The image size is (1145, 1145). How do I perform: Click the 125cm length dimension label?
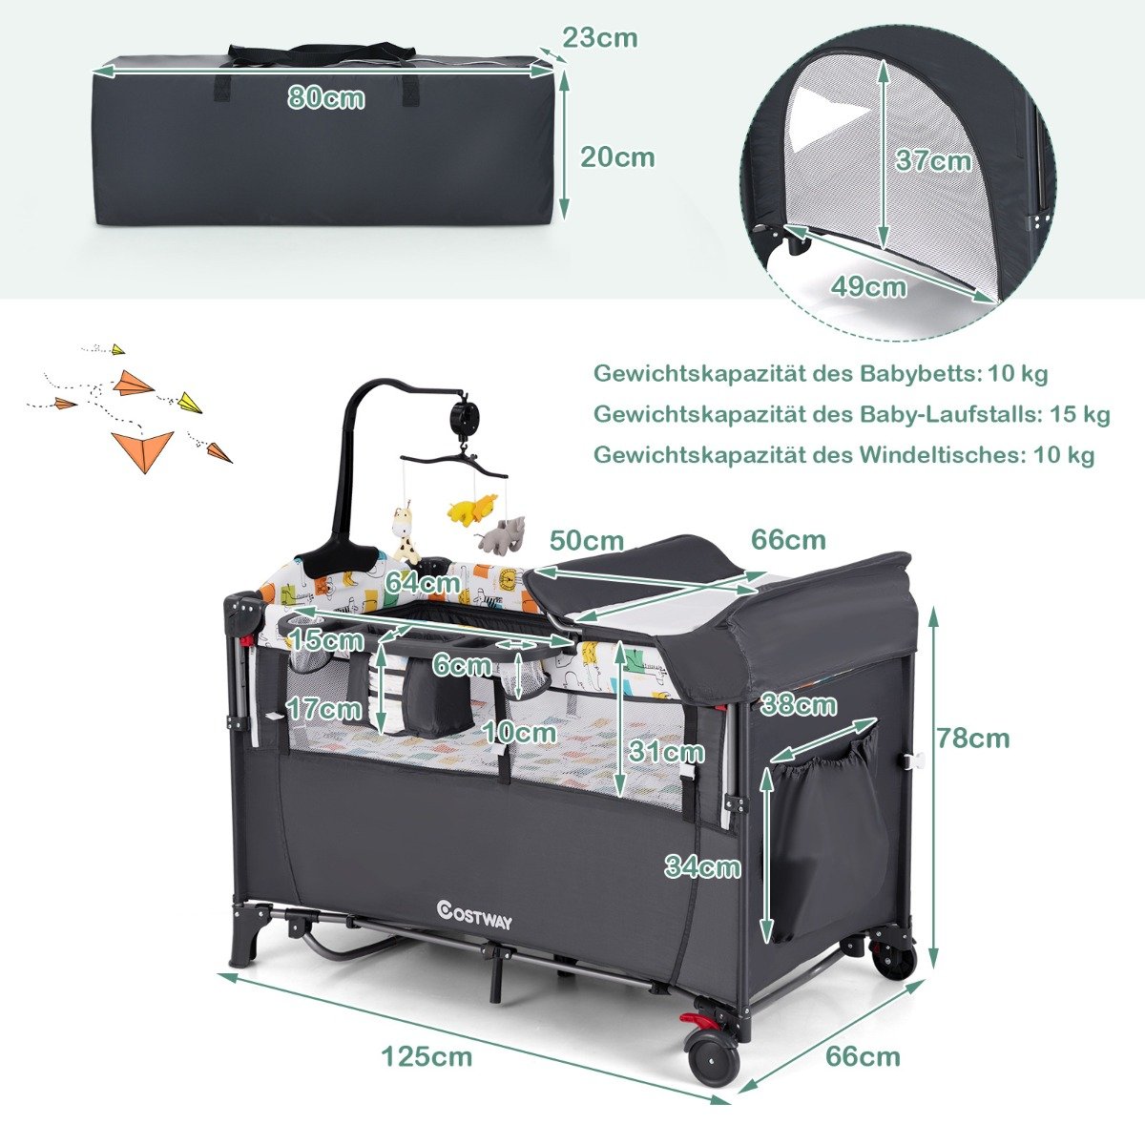[x=427, y=1056]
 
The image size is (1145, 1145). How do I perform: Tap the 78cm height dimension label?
[x=973, y=738]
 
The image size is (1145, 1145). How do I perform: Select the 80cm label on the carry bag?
[x=325, y=97]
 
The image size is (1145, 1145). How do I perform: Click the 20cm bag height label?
[x=618, y=157]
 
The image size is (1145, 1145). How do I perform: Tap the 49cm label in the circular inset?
[x=868, y=284]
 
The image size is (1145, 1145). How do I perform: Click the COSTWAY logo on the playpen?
[x=473, y=918]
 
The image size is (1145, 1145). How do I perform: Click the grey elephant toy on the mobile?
[x=503, y=535]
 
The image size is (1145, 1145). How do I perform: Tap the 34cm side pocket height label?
[x=702, y=866]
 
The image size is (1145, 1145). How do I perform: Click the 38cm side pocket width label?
[x=799, y=706]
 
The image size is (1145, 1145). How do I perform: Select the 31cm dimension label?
[x=666, y=751]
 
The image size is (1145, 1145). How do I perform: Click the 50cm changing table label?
[x=586, y=541]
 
